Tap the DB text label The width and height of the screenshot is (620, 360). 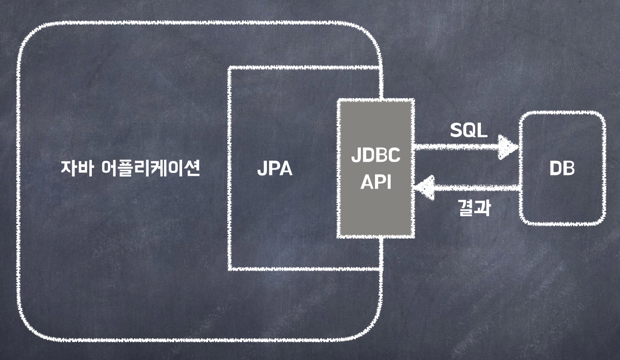562,169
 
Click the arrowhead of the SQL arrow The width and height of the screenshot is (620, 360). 509,147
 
